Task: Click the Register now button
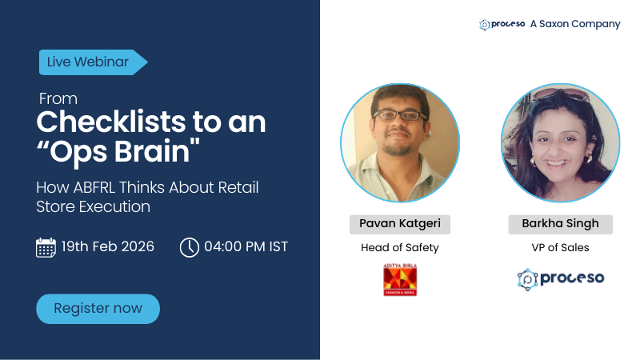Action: coord(98,308)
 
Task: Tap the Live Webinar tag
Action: coord(90,62)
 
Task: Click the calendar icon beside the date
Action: coord(46,247)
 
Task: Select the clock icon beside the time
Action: coord(189,247)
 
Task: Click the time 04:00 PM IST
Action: coord(246,246)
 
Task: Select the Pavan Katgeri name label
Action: coord(400,223)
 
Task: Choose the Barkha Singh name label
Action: coord(560,223)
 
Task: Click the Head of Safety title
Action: coord(400,247)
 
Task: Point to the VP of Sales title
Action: coord(560,247)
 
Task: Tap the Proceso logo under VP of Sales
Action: coord(560,278)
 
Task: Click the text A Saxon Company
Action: coord(574,24)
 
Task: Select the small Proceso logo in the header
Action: coord(502,24)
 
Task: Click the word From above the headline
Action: coord(58,99)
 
